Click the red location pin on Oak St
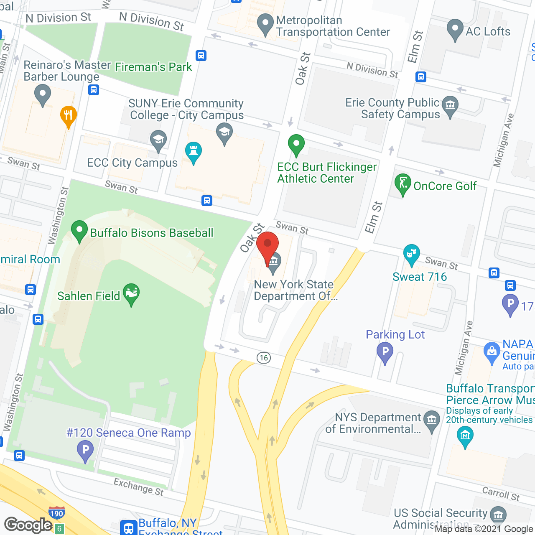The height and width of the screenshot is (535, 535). [x=267, y=247]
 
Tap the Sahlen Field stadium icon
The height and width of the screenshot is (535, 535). [x=131, y=293]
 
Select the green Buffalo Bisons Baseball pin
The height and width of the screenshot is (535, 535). [x=79, y=231]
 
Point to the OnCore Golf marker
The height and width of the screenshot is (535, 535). [x=403, y=184]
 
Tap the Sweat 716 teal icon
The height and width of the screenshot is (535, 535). [x=412, y=254]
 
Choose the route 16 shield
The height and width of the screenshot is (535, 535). [x=264, y=358]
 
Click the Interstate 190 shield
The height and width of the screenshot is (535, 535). [x=56, y=513]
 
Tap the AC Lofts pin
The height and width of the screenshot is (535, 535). [x=455, y=30]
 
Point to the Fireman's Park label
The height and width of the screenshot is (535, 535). [x=153, y=67]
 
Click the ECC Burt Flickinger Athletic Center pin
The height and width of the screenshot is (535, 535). [x=296, y=145]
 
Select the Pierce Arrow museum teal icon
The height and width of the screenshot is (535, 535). [x=465, y=436]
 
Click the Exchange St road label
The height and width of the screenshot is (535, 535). [x=139, y=487]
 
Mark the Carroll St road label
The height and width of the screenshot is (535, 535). [x=501, y=494]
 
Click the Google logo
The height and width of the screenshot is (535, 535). [x=28, y=525]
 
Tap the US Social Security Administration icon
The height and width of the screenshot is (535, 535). [x=498, y=515]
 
